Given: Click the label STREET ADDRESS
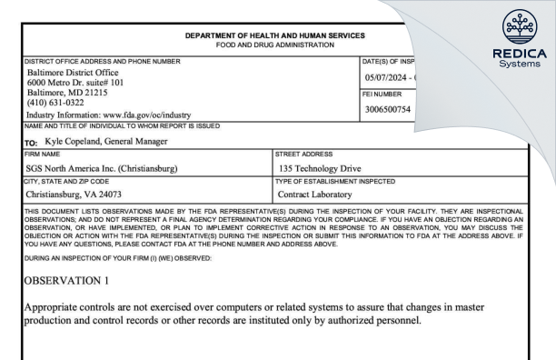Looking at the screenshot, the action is [x=301, y=156].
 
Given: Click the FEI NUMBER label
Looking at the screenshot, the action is [x=382, y=95].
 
